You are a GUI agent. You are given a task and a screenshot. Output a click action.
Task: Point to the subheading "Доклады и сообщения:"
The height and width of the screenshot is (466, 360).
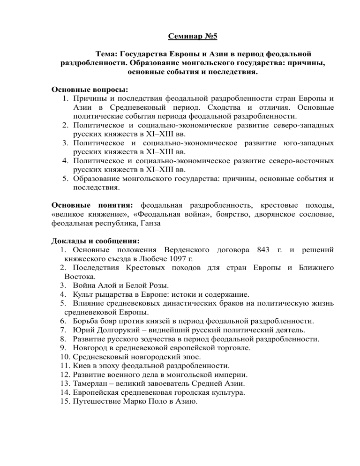click(95, 241)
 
